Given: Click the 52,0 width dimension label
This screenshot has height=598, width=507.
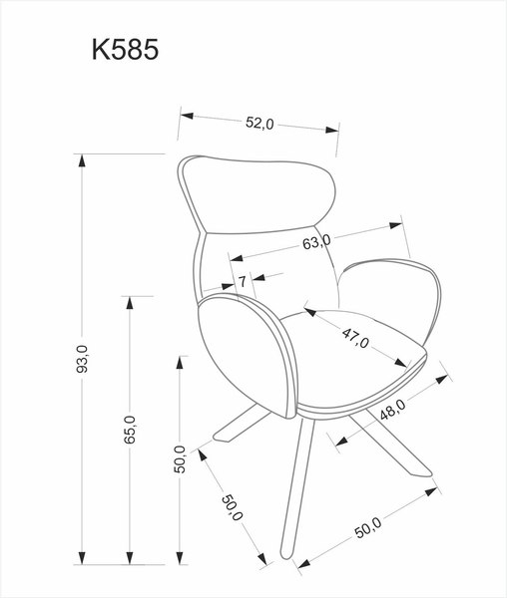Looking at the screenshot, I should coord(258,123).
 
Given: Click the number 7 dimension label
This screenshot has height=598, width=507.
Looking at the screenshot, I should coord(243,281).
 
